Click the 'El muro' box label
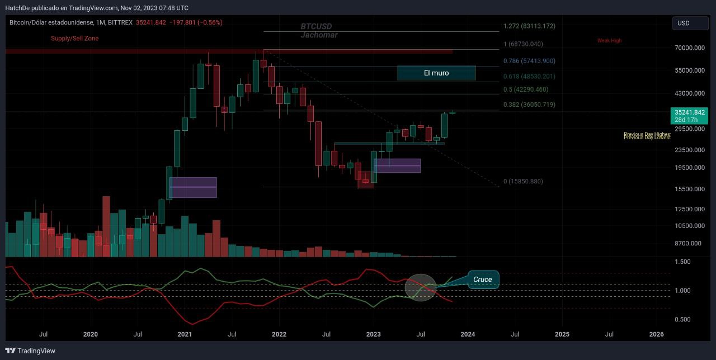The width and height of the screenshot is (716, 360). pos(436,73)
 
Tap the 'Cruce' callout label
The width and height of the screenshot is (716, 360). pos(482,280)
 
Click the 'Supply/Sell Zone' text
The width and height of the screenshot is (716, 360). pos(74,38)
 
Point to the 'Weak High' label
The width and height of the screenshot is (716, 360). pos(609,40)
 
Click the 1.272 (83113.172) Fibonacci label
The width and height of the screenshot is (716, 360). pos(529,26)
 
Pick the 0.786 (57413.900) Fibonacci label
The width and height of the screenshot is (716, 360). pos(529,61)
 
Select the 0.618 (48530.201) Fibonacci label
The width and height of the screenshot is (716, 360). pos(529,76)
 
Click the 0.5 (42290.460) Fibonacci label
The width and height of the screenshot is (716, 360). pos(526,89)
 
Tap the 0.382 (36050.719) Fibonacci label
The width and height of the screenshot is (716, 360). pos(529,105)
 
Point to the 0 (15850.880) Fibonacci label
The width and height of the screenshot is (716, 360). pos(523,181)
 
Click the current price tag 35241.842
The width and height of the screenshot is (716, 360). pos(690,112)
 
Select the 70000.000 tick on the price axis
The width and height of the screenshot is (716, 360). pos(690,48)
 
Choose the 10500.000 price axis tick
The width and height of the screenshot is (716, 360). pos(690,226)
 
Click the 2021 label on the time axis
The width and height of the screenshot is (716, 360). pos(185,334)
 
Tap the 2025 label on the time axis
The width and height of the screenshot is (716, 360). pos(562,334)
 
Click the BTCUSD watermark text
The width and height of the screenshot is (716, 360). pos(316,26)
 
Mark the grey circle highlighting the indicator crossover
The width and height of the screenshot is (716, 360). pos(421,287)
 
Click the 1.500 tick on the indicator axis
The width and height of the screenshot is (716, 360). pos(683,262)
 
